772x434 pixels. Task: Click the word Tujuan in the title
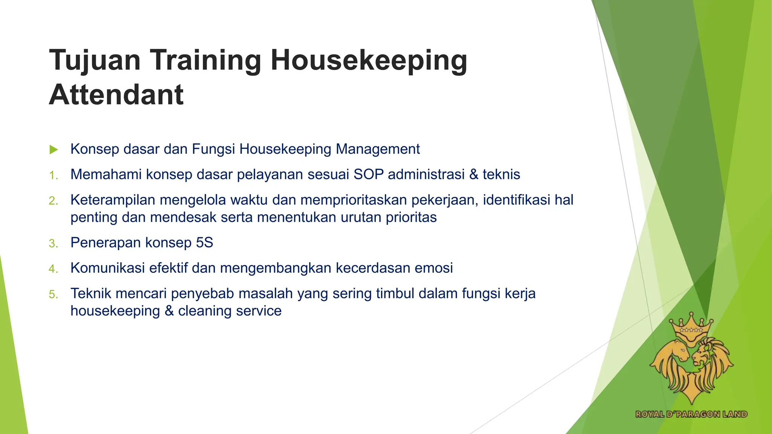95,60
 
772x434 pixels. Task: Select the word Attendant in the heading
116,95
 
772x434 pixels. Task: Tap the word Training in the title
206,60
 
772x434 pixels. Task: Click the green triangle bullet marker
54,150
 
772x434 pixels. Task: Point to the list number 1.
53,175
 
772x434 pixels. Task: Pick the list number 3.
53,243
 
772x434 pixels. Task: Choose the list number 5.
53,294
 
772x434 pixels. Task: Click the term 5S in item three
204,243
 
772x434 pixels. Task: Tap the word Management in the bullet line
378,149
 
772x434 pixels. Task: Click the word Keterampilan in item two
113,200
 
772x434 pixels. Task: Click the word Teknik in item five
91,293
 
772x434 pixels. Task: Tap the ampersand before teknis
473,174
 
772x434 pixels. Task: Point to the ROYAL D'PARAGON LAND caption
691,414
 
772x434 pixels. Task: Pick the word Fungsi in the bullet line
213,149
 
